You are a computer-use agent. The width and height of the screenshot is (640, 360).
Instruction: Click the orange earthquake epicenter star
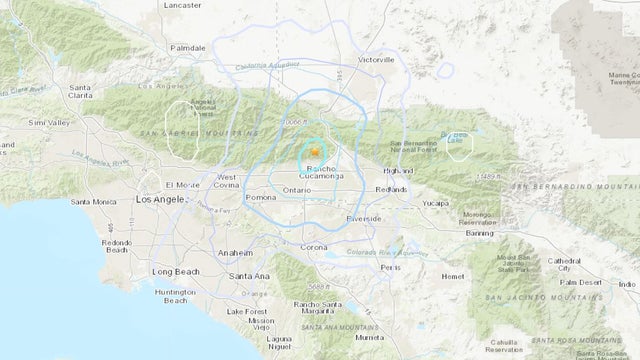click(314, 150)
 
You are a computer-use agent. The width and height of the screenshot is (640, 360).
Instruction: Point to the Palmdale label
click(187, 46)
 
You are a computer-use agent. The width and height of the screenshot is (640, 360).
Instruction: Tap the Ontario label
click(297, 190)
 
